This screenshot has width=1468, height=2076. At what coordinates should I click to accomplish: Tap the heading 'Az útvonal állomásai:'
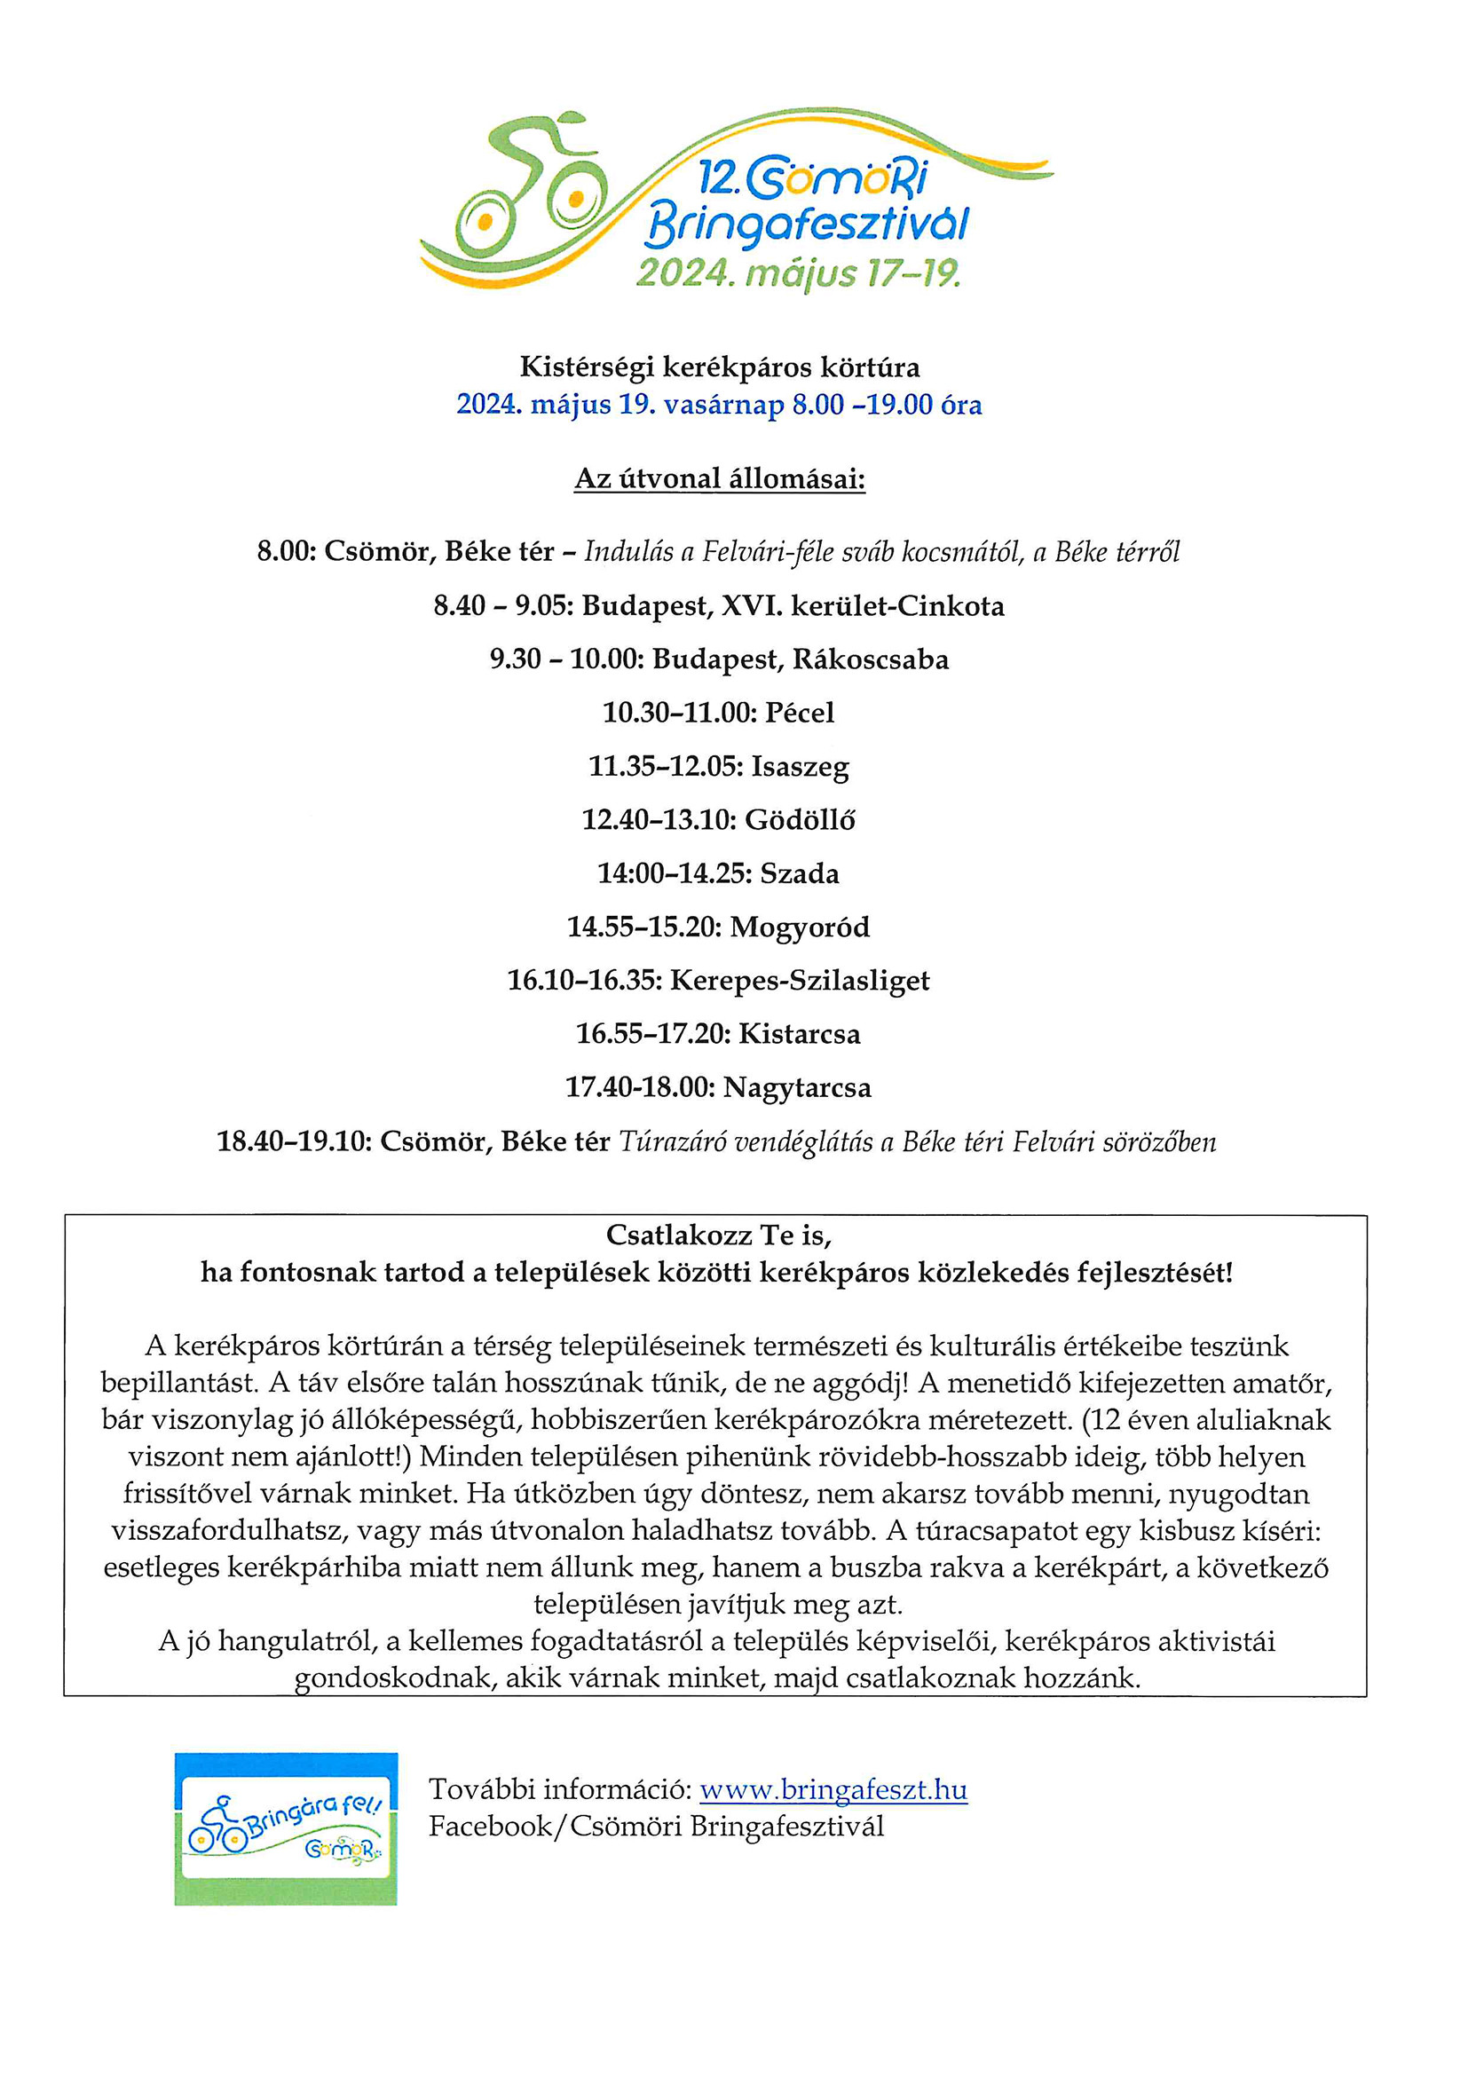click(720, 478)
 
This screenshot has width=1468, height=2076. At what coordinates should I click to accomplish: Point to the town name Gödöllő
click(800, 820)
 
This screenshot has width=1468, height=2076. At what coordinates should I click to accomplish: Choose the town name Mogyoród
click(800, 927)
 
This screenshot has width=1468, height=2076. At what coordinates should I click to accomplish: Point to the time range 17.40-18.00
click(639, 1087)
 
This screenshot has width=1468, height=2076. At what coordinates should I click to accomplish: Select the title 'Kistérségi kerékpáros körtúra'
click(720, 367)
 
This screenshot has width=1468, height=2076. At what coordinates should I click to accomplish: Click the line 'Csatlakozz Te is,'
click(719, 1235)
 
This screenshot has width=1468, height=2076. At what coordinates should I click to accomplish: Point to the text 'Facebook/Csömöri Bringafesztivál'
click(656, 1827)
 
